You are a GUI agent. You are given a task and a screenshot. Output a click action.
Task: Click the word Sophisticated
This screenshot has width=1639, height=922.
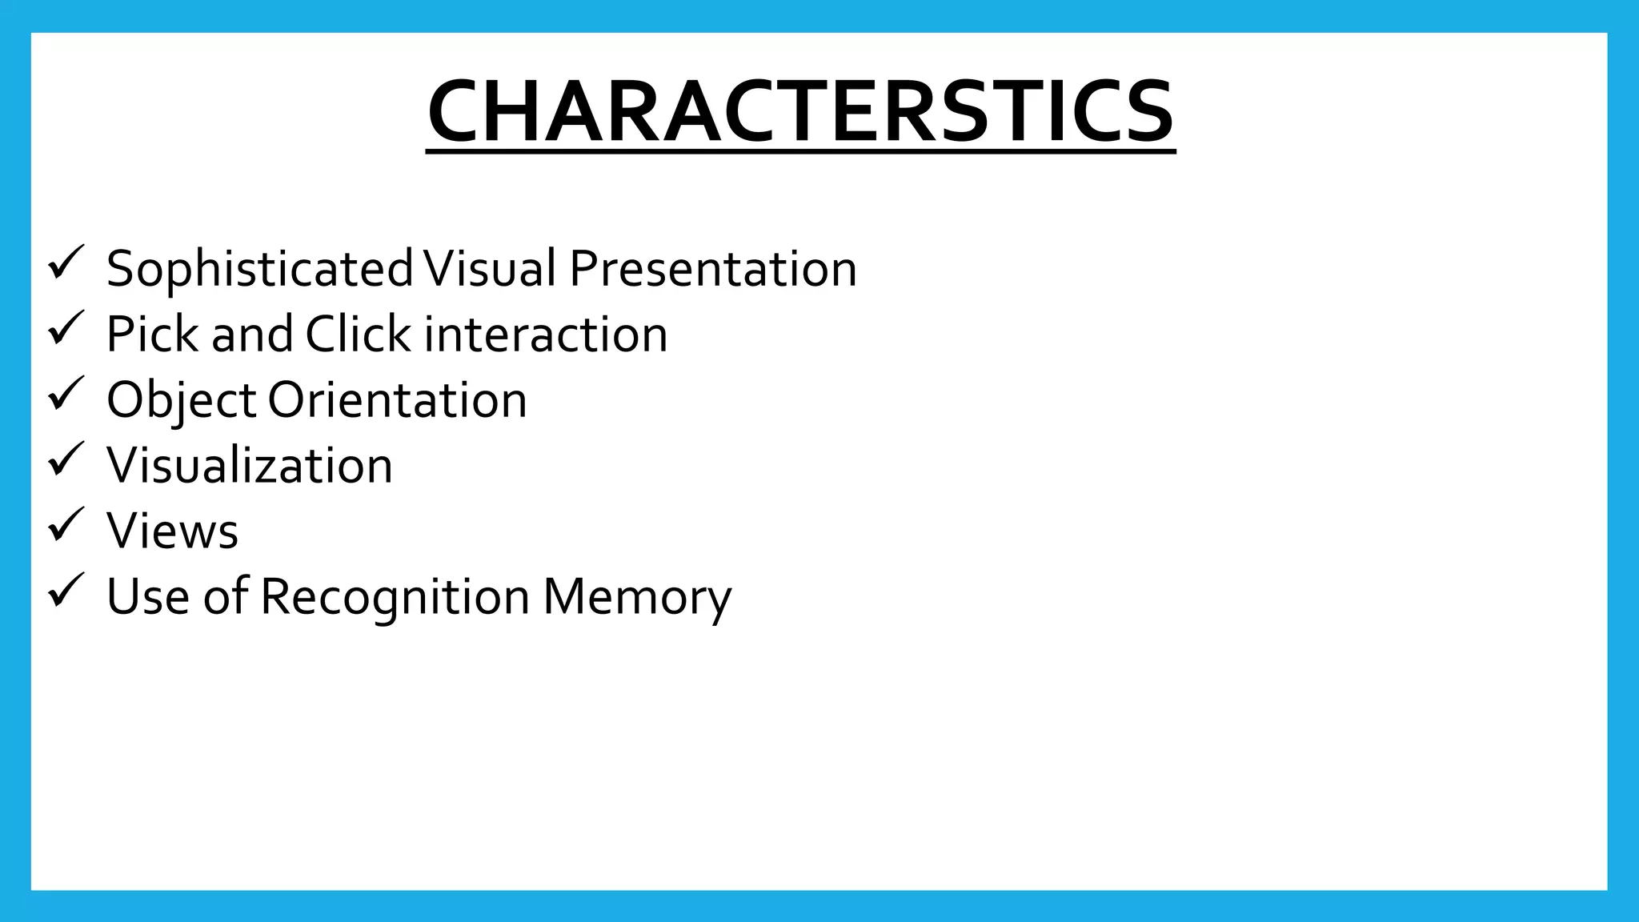[259, 269]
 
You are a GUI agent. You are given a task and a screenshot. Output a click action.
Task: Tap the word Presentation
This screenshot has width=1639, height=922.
[712, 269]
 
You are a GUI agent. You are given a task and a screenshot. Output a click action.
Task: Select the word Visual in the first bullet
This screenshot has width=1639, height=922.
[489, 268]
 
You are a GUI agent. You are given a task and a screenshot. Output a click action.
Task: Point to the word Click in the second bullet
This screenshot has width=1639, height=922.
[357, 334]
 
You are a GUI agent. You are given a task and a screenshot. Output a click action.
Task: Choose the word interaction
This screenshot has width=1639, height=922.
[545, 335]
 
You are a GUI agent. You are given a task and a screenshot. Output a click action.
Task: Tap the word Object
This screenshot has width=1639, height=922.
[181, 400]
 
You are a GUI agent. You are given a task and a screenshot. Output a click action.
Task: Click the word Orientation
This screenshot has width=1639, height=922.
[397, 400]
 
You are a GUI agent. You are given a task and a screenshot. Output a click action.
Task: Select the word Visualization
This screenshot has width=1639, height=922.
[250, 465]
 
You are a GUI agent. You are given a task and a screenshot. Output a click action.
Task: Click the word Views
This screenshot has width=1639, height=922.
[172, 531]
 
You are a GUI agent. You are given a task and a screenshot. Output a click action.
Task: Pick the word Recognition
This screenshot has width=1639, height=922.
[395, 597]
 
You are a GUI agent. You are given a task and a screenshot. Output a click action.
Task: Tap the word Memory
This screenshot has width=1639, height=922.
[637, 597]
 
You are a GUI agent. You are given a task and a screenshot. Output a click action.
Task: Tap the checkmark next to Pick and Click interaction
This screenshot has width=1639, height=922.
[66, 328]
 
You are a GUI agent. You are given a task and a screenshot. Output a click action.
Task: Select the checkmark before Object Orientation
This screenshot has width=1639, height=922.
[66, 394]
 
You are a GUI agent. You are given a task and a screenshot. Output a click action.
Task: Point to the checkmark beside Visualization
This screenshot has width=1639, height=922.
[66, 459]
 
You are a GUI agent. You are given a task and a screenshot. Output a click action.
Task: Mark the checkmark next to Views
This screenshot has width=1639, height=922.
[66, 525]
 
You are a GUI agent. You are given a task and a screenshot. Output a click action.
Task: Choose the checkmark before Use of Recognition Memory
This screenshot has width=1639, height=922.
[66, 591]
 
